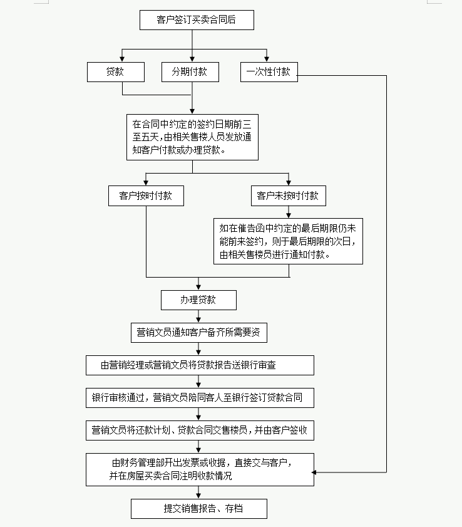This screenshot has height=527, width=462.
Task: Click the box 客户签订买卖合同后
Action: [196, 20]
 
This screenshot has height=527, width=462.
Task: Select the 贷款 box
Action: [116, 71]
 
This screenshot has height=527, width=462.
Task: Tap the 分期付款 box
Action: [190, 71]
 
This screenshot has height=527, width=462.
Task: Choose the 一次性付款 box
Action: [269, 71]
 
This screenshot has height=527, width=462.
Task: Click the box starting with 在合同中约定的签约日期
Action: [192, 137]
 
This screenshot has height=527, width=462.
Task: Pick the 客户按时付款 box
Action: [146, 196]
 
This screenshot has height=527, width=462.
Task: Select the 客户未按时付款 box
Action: [288, 196]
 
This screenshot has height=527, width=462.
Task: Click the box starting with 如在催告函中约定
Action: [288, 241]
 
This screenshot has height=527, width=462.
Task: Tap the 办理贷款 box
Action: [198, 300]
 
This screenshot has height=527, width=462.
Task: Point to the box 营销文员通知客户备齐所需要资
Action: [198, 333]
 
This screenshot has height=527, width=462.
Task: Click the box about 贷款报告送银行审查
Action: [200, 365]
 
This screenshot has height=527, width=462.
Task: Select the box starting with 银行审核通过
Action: [200, 397]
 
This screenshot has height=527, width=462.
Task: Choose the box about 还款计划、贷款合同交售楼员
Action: [200, 430]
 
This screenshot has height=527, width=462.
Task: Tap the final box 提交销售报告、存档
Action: [199, 509]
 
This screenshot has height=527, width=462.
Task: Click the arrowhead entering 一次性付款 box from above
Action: [268, 59]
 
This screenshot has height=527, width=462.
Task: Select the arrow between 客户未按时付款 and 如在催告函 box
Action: [289, 212]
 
